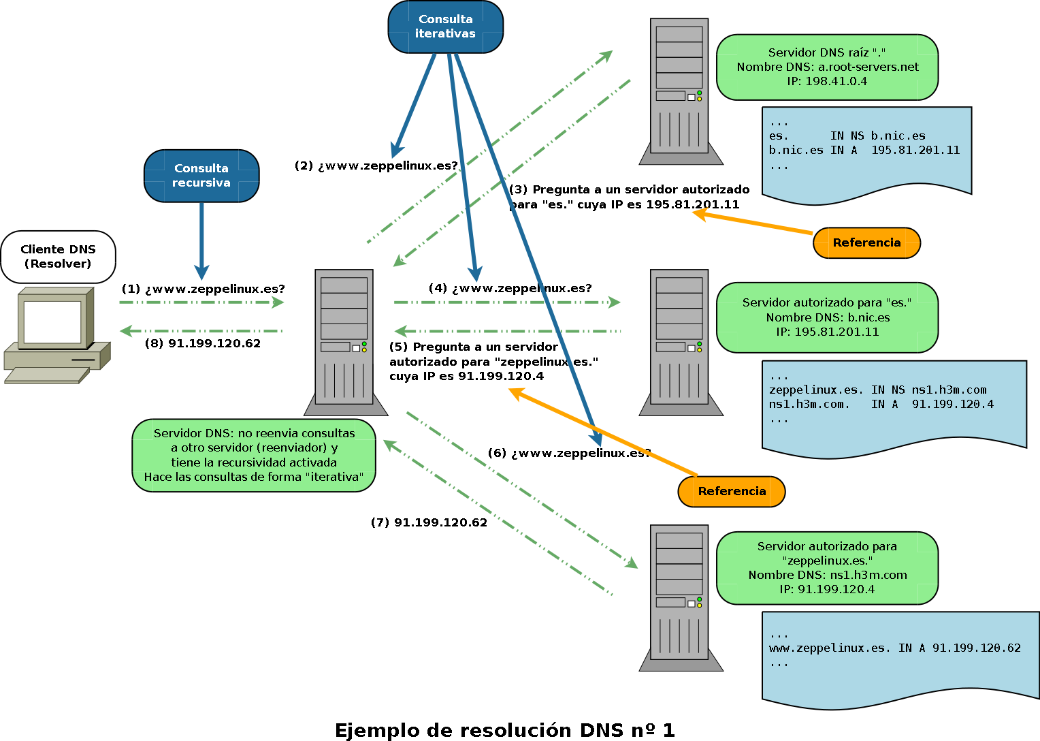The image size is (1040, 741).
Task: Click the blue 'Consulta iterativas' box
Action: (445, 27)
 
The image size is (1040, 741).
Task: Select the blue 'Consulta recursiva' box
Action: (201, 176)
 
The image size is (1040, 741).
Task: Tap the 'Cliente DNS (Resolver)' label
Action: (58, 257)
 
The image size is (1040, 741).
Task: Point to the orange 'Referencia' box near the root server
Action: (866, 243)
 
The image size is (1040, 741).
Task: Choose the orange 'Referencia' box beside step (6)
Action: (732, 492)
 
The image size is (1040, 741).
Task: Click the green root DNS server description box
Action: (827, 67)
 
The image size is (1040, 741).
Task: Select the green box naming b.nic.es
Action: (827, 317)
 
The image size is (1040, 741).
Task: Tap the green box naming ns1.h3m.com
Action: (827, 568)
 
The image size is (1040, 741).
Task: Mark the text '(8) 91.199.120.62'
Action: (203, 344)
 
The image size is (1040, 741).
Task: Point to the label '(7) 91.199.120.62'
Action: (429, 523)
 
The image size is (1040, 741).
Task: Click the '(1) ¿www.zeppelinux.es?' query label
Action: (203, 289)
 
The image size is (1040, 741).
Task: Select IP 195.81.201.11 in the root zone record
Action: (915, 151)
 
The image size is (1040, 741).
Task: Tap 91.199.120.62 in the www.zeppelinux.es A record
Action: (976, 648)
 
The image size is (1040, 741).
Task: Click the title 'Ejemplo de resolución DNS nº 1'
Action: (504, 730)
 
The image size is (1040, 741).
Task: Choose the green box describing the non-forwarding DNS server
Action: (254, 455)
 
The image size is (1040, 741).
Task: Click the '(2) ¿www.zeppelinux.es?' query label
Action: (376, 166)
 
